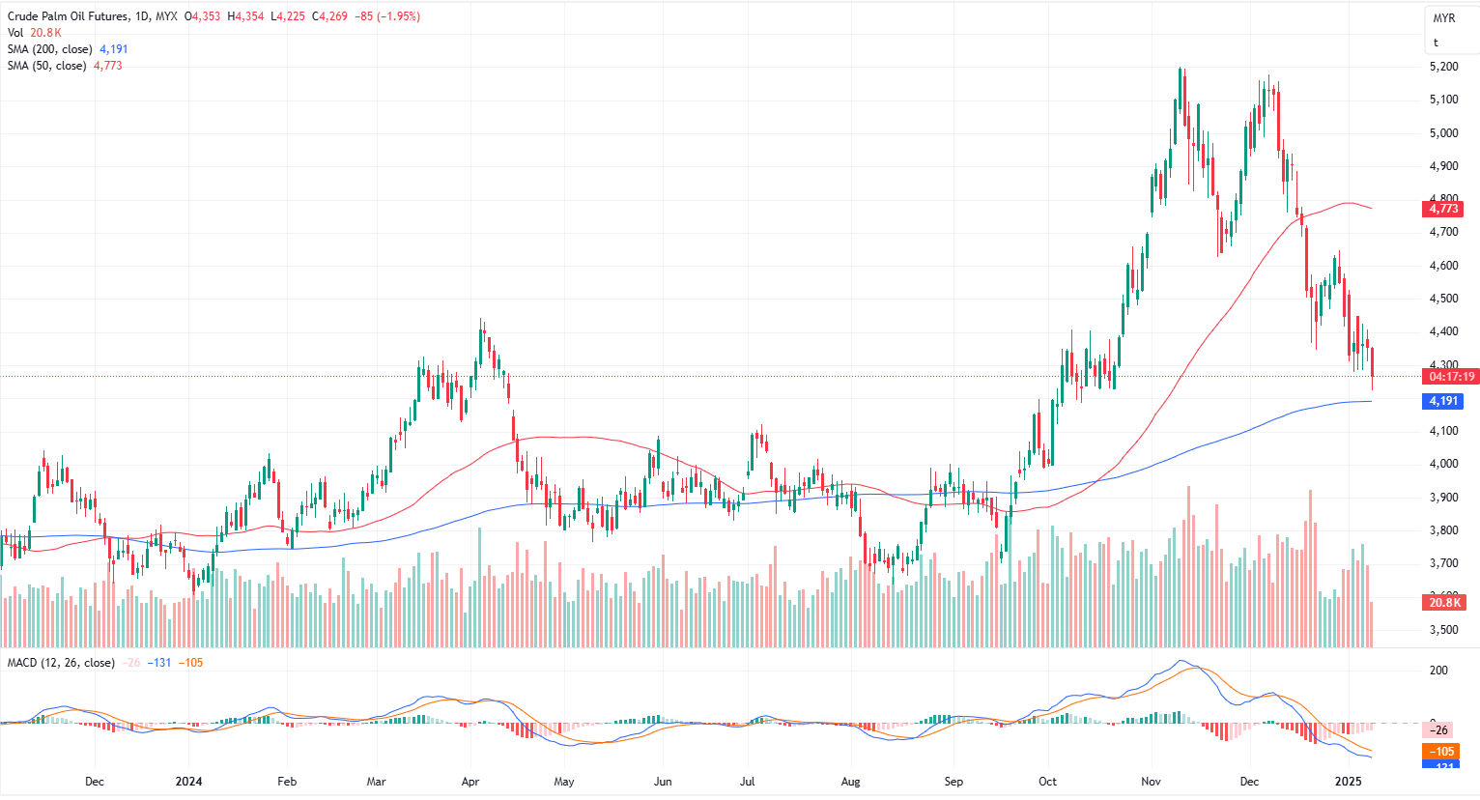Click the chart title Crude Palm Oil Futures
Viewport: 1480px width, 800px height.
pos(67,16)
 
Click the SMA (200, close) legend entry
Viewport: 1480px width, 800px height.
pos(50,49)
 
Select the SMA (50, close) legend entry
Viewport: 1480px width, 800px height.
pos(46,66)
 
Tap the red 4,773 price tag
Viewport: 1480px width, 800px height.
pos(1443,209)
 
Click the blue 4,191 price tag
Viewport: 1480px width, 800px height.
pos(1443,401)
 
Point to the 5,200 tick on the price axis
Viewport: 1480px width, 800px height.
pos(1443,67)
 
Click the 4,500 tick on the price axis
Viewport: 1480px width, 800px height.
pos(1443,299)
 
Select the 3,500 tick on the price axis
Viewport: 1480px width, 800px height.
pos(1443,629)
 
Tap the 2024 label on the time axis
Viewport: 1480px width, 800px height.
pos(188,782)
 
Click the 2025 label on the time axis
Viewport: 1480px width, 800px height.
pos(1348,782)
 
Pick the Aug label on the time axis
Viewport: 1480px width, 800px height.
pos(850,782)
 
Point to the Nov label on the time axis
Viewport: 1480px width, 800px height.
pos(1150,782)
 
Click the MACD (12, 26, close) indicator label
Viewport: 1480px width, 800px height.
pos(61,663)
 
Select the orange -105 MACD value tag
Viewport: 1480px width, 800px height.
pos(1443,752)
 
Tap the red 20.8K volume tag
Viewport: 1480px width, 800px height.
pos(1444,603)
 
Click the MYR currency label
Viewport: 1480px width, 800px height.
pos(1444,18)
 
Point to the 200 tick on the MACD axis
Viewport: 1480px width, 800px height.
pos(1438,671)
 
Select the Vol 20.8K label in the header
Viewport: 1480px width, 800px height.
pos(35,33)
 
